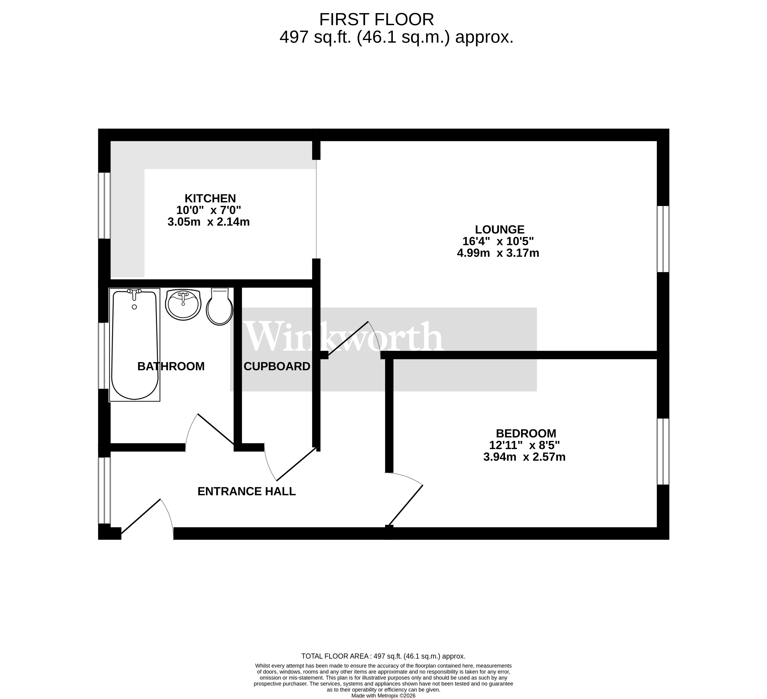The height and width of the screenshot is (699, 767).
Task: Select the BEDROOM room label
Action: coord(526,433)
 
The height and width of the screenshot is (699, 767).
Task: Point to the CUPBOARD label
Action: coord(277,366)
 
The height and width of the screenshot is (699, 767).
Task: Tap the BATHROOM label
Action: coord(171,366)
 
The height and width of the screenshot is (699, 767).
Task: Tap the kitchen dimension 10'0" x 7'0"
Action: coord(208,210)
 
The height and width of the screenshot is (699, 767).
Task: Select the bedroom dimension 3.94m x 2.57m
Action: coord(524,457)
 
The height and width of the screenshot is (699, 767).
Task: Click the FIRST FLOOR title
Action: coord(376,19)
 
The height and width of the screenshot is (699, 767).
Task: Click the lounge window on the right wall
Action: coord(663,239)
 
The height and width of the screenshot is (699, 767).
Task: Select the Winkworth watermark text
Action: coord(344,337)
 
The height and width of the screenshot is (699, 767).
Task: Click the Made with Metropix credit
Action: coord(383,696)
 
